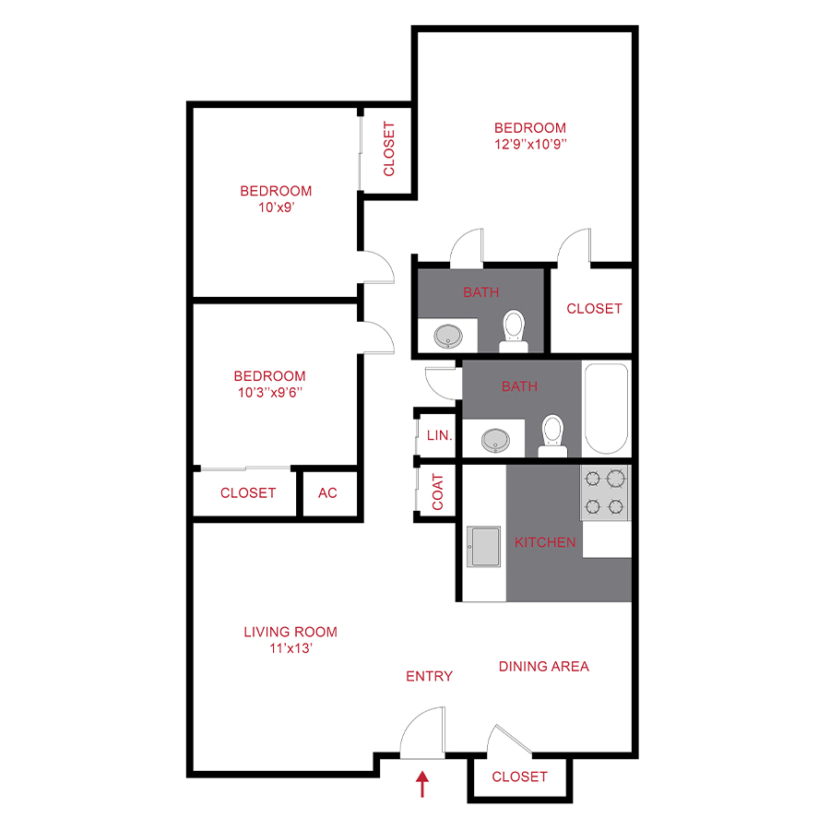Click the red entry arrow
[x=423, y=784]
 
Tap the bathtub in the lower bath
[x=606, y=409]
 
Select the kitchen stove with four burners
[x=605, y=492]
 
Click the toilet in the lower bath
[x=552, y=434]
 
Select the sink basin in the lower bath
[x=498, y=439]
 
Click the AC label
[x=327, y=493]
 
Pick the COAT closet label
[x=438, y=492]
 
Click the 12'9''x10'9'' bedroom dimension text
[x=529, y=144]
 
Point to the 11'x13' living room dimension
[x=290, y=647]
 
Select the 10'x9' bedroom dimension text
[x=276, y=207]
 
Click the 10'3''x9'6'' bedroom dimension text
[x=269, y=392]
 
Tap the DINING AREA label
[x=543, y=666]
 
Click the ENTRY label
[x=430, y=676]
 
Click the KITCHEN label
[x=545, y=542]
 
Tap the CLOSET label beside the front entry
[x=519, y=777]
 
